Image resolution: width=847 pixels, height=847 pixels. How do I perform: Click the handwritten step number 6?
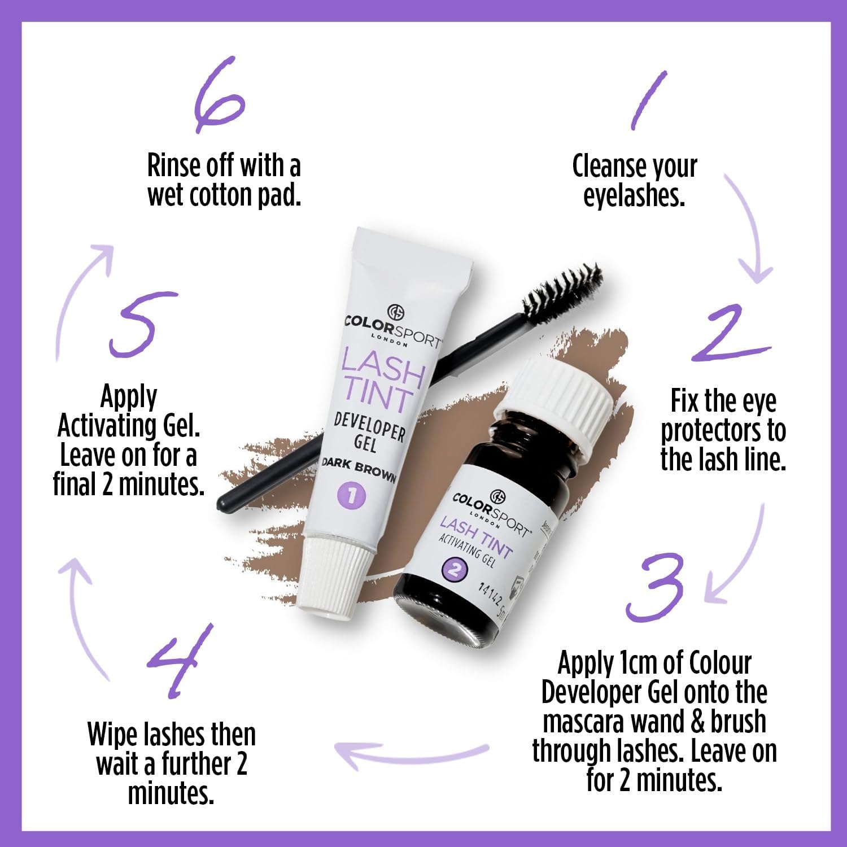[x=219, y=95]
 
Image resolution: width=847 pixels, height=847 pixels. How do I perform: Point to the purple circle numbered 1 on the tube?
[x=351, y=496]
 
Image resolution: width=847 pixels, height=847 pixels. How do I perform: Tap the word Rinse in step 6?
[x=174, y=166]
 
